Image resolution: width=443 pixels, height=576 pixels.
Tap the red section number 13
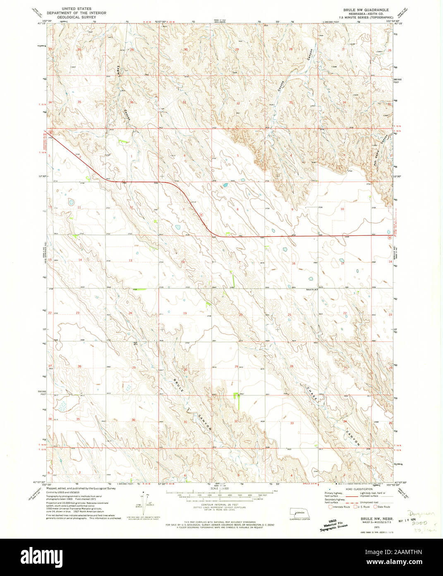coord(130,260)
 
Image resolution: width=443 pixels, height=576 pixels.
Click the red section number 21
coord(290,315)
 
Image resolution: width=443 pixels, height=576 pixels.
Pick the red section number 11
coord(79,207)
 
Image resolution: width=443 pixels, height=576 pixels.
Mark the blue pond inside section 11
coord(71,202)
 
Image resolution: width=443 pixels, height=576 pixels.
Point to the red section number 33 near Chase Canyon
coord(292,423)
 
